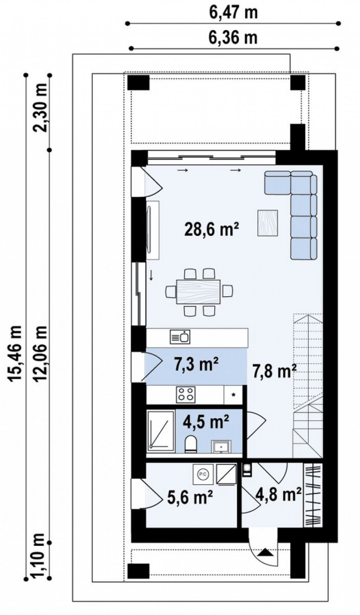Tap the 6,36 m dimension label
234,38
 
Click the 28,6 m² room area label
212,229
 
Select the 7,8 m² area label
274,371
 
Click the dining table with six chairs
200,292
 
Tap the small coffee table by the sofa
268,223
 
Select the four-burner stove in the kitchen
185,394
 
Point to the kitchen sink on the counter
180,337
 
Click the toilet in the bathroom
191,444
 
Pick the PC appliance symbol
202,473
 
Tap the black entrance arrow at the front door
265,553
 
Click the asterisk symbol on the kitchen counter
234,395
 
